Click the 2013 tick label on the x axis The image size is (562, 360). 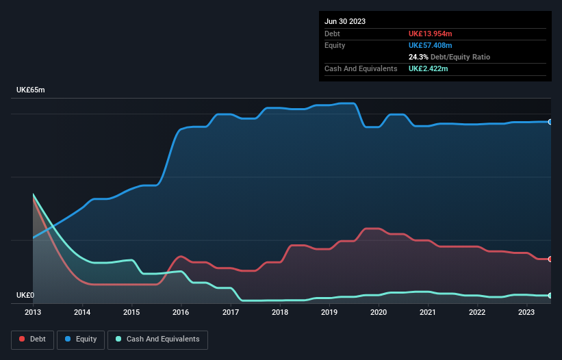point(33,312)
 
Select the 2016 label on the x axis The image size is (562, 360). point(181,312)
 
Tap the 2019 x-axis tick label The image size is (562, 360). point(329,312)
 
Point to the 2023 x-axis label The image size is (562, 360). point(526,312)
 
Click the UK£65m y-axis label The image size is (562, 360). point(30,90)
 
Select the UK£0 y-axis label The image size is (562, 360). point(26,296)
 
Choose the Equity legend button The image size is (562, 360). point(81,339)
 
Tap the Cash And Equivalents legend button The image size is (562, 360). point(157,339)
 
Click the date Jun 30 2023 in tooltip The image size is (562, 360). point(345,21)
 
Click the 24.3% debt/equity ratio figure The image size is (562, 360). point(418,57)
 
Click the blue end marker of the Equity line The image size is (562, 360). point(550,122)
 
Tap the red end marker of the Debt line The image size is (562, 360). point(550,259)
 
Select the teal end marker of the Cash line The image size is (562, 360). point(550,296)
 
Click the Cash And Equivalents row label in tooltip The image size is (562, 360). point(361,68)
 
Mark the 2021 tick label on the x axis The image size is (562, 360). point(428,312)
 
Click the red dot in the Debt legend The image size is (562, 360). point(23,339)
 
